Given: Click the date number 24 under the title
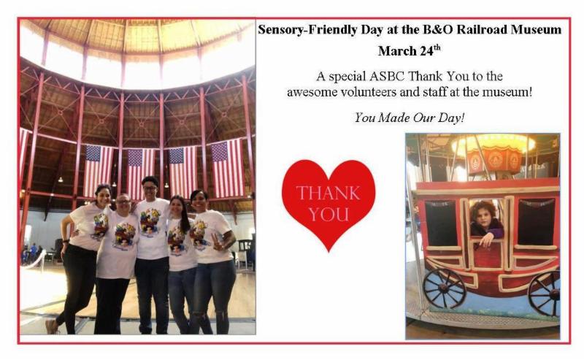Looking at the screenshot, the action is (x=427, y=51).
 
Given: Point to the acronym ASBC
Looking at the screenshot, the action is (x=387, y=77).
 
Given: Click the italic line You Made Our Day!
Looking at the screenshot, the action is (x=410, y=118).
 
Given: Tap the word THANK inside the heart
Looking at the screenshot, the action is (x=328, y=194).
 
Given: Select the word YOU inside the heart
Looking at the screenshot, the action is (x=328, y=215).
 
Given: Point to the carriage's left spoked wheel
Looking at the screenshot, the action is (x=445, y=288).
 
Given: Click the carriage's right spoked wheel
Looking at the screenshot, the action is (x=545, y=294).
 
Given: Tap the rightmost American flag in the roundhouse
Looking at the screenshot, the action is (x=227, y=168).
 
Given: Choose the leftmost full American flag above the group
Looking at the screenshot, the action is (x=98, y=170).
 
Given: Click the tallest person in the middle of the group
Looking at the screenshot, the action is (x=152, y=255).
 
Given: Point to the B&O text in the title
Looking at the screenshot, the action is (x=438, y=29).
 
